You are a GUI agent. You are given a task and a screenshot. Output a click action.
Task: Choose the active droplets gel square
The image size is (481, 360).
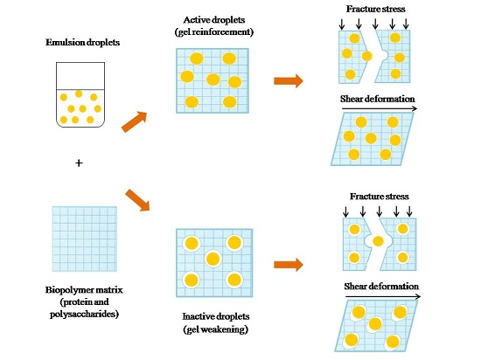(x=210, y=78)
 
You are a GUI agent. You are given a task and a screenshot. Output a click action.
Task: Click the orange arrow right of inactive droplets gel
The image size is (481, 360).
(x=289, y=264)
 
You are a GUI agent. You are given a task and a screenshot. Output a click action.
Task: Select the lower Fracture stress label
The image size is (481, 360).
(x=379, y=197)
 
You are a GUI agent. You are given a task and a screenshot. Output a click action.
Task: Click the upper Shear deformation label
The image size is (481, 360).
(x=377, y=98)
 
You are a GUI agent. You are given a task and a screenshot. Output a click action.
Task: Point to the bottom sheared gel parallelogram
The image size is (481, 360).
(x=376, y=324)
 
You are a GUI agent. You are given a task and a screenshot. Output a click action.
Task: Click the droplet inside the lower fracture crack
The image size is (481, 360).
(x=378, y=240)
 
